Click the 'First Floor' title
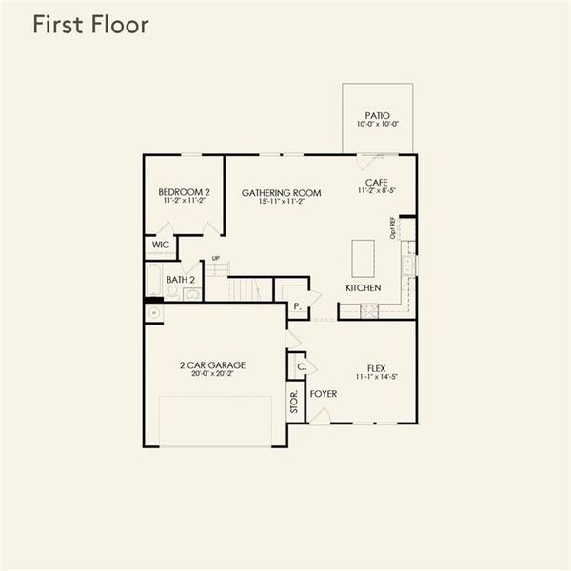coord(90,25)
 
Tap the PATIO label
coord(377,114)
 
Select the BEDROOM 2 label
coord(184,192)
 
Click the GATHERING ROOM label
coord(281,192)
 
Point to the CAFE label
coord(377,182)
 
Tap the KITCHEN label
coord(364,287)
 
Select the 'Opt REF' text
coord(392,228)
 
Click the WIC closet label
coord(159,246)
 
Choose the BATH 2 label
coord(180,280)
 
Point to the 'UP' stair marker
coord(215,258)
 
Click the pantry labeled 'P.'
coord(297,306)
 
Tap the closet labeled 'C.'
coord(301,366)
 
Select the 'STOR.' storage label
coord(294,400)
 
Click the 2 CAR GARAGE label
coord(212,364)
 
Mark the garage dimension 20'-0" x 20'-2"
coord(212,374)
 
